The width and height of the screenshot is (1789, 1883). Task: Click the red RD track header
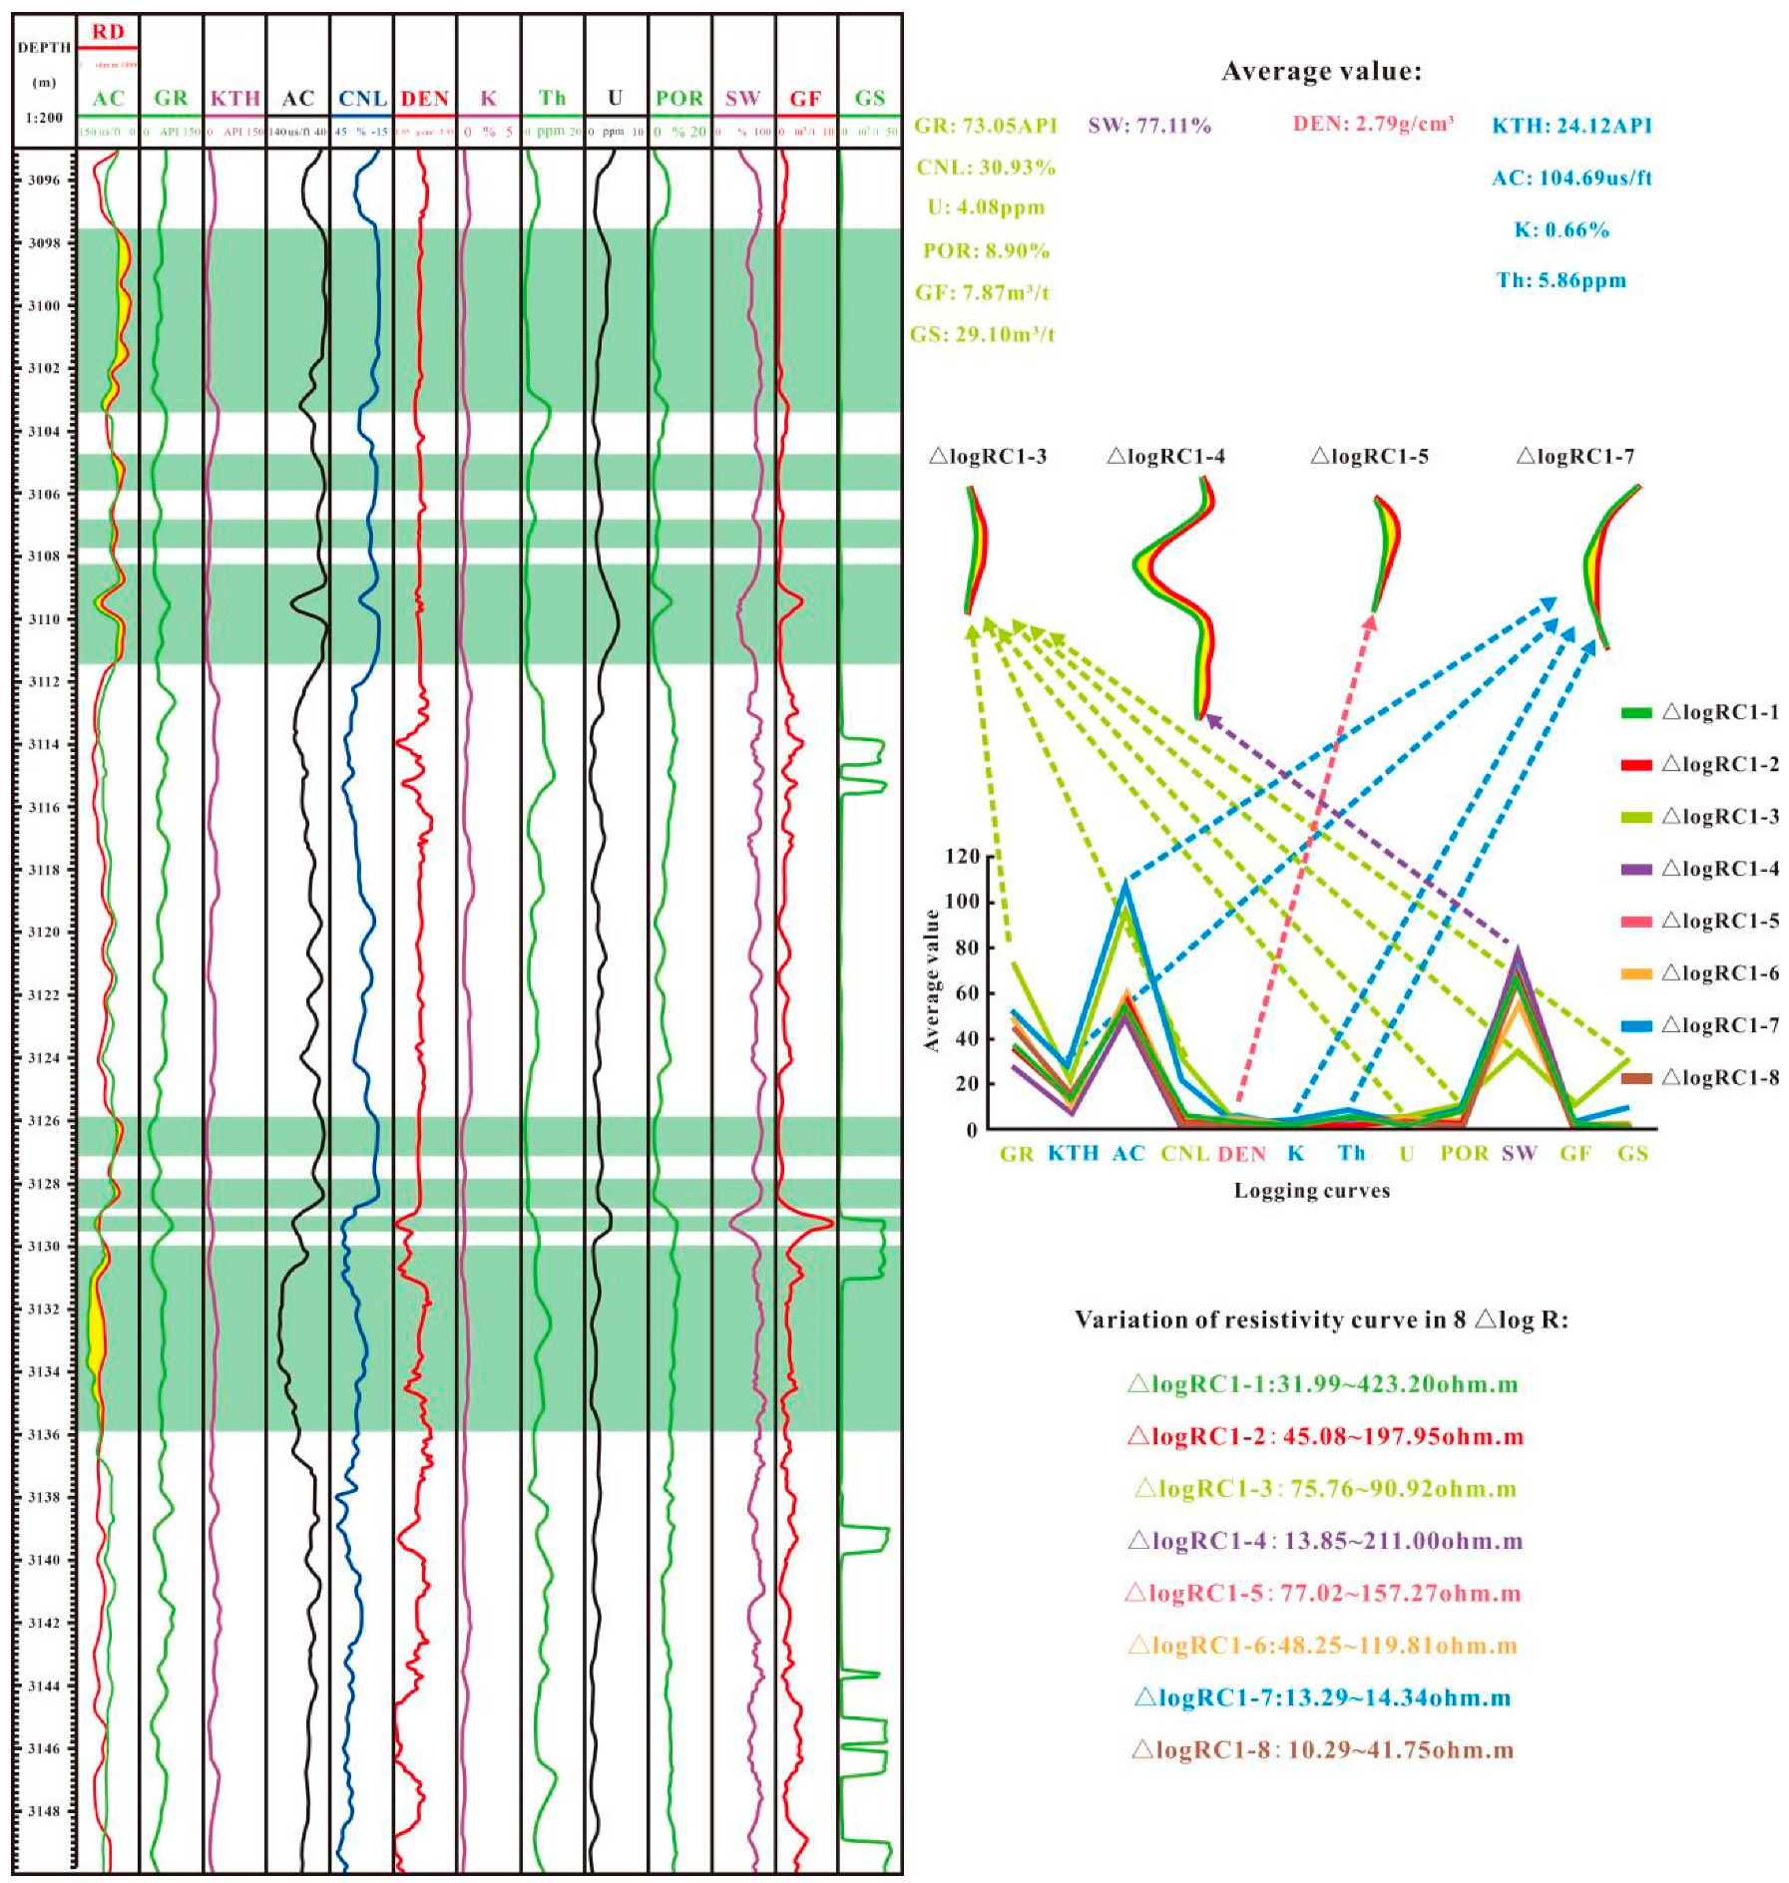point(108,32)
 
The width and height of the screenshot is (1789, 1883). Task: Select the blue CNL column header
point(361,99)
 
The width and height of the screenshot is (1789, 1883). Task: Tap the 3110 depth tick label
point(43,619)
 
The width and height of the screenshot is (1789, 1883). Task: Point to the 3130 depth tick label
point(43,1247)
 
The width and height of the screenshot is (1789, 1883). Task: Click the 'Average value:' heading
point(1321,72)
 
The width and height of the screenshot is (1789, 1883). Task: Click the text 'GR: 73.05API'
point(985,126)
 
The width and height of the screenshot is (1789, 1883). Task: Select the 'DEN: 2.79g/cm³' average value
point(1373,125)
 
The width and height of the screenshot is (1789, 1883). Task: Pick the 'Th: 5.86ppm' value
point(1561,281)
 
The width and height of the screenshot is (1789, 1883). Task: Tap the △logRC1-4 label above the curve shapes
point(1165,457)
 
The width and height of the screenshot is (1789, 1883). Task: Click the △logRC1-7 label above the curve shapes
point(1574,457)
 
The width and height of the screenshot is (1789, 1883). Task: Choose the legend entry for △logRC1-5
point(1719,921)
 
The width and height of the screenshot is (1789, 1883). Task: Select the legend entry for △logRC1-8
point(1719,1078)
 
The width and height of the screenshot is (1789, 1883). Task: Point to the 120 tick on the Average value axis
point(962,857)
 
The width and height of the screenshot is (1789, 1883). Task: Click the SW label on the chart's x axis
point(1519,1154)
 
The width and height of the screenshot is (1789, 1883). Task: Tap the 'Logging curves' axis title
point(1311,1191)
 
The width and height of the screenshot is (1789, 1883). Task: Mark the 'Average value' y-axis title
point(932,980)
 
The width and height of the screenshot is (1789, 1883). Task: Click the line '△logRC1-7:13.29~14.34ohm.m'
point(1322,1697)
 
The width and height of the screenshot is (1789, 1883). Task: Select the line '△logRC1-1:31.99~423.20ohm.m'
point(1322,1384)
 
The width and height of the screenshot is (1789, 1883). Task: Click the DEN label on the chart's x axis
point(1241,1154)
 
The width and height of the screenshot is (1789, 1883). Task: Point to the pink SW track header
point(742,99)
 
